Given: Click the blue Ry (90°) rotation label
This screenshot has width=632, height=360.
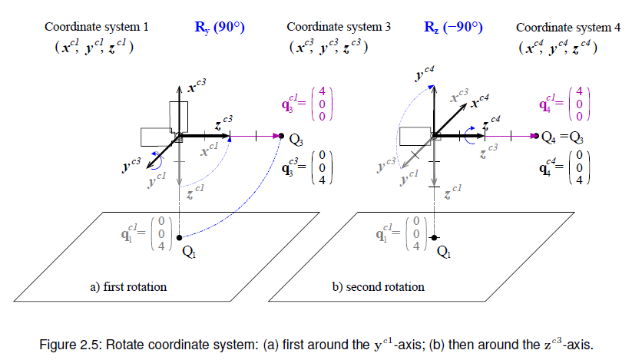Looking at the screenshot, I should [220, 28].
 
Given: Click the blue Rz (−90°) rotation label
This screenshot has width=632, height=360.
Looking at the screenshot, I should [453, 28].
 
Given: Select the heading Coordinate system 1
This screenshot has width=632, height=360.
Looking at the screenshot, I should [97, 27].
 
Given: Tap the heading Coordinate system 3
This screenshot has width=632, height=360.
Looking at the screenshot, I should [339, 27].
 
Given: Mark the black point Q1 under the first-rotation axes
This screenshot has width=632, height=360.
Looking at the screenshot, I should [180, 237].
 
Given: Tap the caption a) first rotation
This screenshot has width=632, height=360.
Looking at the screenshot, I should [128, 287].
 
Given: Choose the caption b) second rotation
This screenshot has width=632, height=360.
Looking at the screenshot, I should [379, 287].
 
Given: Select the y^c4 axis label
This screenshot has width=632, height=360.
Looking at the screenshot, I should [425, 75].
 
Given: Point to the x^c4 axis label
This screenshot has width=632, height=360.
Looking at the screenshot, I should [481, 101].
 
